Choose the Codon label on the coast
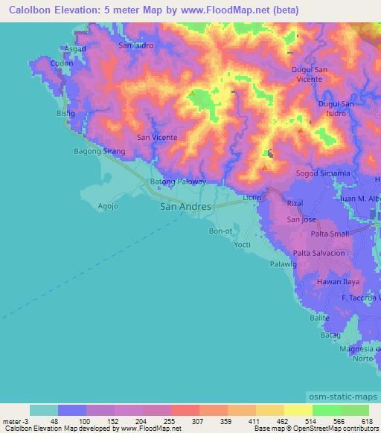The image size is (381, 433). click(60, 63)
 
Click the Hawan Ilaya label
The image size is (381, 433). click(339, 282)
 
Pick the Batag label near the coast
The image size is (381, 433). click(330, 336)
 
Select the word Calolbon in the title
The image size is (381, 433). click(27, 10)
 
